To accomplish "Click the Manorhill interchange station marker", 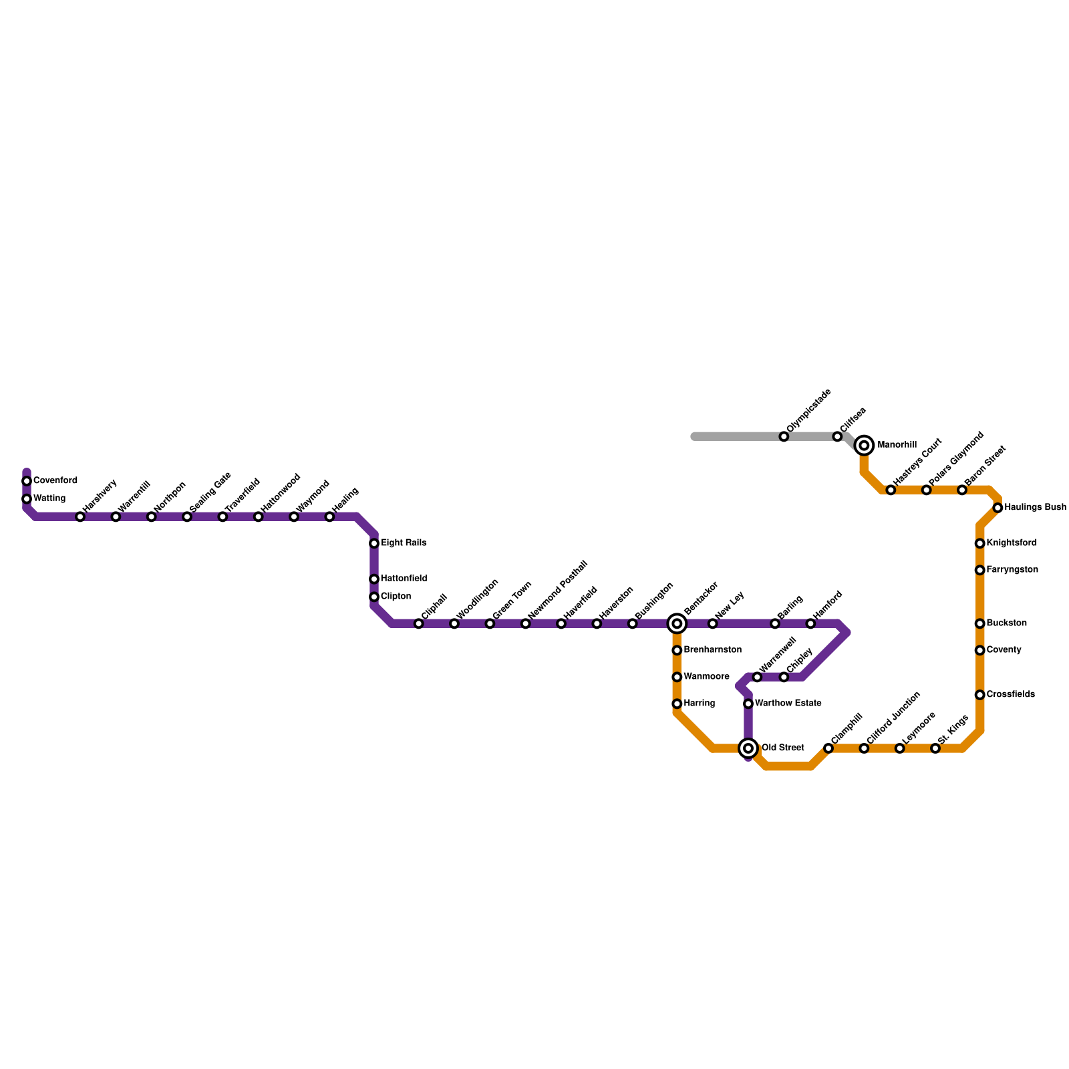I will pos(864,445).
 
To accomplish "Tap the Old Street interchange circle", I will pos(748,748).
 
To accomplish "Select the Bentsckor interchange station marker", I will pos(677,623).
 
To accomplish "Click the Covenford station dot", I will pos(27,481).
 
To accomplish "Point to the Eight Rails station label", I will pos(404,543).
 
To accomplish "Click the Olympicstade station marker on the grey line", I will pos(784,436).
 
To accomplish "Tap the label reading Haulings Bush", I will pos(1035,508).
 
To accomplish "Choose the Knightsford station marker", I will pos(979,543).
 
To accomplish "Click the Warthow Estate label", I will pos(788,704).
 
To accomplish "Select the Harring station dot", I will pos(677,704).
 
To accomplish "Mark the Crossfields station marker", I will pos(979,695).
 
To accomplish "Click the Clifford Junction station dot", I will pos(864,748).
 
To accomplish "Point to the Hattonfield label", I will pos(404,579).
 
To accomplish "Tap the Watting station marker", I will pos(27,499).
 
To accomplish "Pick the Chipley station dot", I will pos(784,677).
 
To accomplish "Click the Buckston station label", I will pos(1006,623).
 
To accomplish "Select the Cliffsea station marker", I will pos(837,436).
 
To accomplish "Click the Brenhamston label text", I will pos(712,650).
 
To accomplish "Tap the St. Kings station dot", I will pos(935,748).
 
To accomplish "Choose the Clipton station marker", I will pos(374,597).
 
